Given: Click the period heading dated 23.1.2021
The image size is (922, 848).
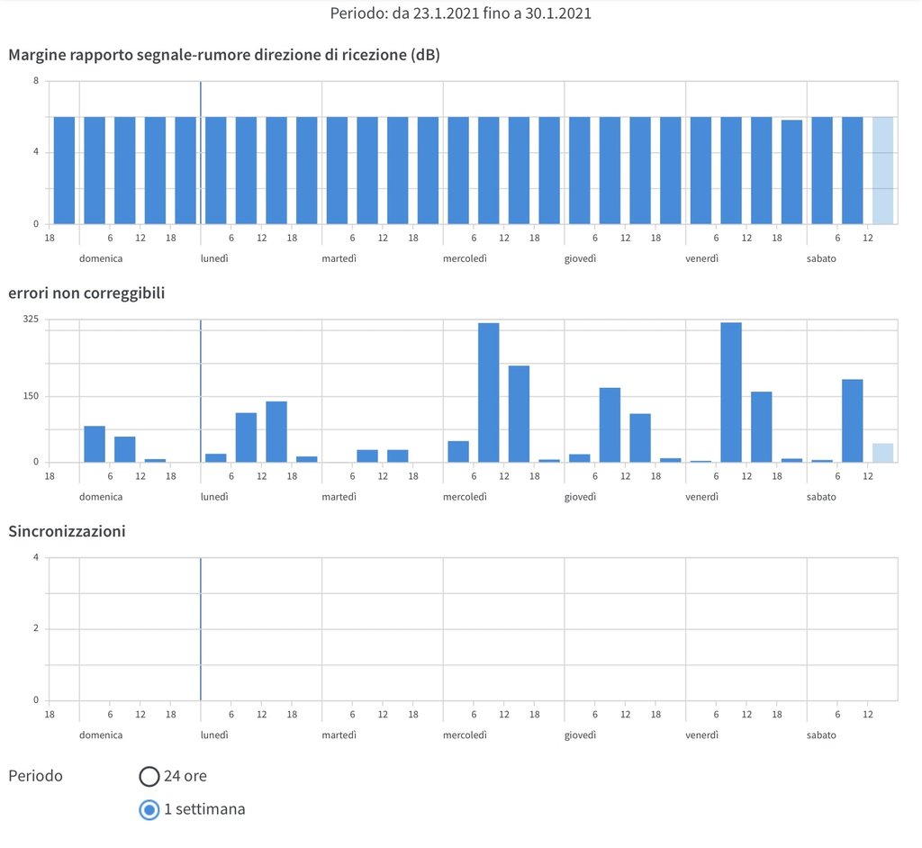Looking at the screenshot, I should tap(460, 14).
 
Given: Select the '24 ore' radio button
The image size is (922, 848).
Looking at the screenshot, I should tap(149, 776).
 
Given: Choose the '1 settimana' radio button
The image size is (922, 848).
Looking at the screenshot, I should tap(149, 809).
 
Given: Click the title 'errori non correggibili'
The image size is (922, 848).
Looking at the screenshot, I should tap(86, 293).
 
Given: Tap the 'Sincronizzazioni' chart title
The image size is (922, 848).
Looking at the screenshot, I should tap(67, 531).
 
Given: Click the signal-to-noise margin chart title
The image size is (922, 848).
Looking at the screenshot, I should tap(224, 55).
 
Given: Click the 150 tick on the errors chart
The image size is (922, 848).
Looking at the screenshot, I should tap(32, 397).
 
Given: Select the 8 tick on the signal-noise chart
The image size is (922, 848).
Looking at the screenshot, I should tap(36, 81).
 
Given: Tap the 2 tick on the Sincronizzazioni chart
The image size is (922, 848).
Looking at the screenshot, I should tap(36, 629).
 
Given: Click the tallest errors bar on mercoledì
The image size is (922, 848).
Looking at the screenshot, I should tap(489, 392).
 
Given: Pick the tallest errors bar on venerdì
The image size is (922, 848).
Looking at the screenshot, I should tap(731, 392).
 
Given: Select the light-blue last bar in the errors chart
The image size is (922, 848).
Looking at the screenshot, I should tap(882, 453).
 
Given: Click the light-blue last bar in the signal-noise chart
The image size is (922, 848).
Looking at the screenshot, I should tap(882, 170).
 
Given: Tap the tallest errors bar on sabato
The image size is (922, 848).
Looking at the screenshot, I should tap(853, 420).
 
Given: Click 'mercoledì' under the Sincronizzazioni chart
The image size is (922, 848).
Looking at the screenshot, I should tap(465, 735).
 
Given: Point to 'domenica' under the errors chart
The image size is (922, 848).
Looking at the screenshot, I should tap(101, 497).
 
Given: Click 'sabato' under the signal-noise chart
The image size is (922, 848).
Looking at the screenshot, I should tap(821, 258).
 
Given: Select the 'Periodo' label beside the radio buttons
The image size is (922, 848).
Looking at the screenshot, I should tap(36, 776).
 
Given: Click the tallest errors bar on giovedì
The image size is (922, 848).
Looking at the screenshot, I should tap(610, 425).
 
